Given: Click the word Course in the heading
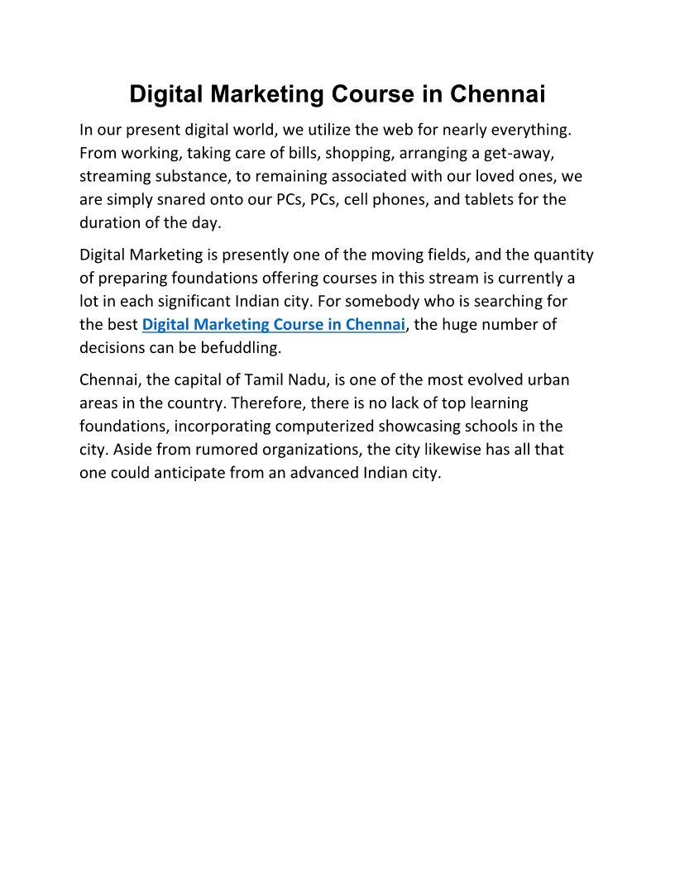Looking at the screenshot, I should pos(374,94).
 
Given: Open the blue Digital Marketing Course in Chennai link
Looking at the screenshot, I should pos(274,324).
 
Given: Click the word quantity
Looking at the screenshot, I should pos(562,255).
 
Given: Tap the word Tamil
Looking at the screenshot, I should pos(265,379).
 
